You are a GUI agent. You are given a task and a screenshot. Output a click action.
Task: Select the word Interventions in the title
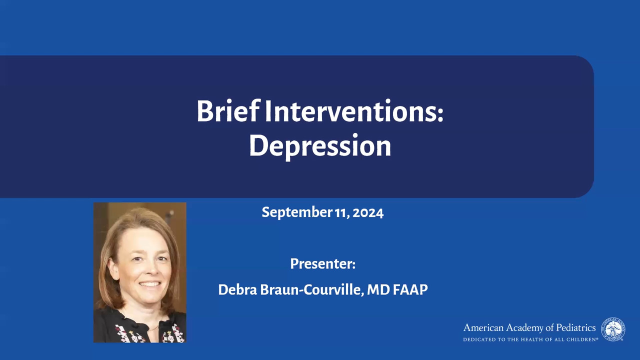351,111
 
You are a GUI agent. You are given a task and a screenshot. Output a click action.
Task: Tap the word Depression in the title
320,145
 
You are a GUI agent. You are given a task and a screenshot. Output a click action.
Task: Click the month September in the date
297,212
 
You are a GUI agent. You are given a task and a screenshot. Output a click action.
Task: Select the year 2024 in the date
368,213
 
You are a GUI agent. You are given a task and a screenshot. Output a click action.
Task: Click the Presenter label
323,263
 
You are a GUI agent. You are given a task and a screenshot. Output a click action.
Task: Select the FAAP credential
410,289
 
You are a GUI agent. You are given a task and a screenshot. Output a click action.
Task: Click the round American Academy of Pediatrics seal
613,329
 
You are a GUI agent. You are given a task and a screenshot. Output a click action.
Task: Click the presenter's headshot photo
140,272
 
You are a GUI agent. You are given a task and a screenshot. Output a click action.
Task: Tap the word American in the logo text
483,327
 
